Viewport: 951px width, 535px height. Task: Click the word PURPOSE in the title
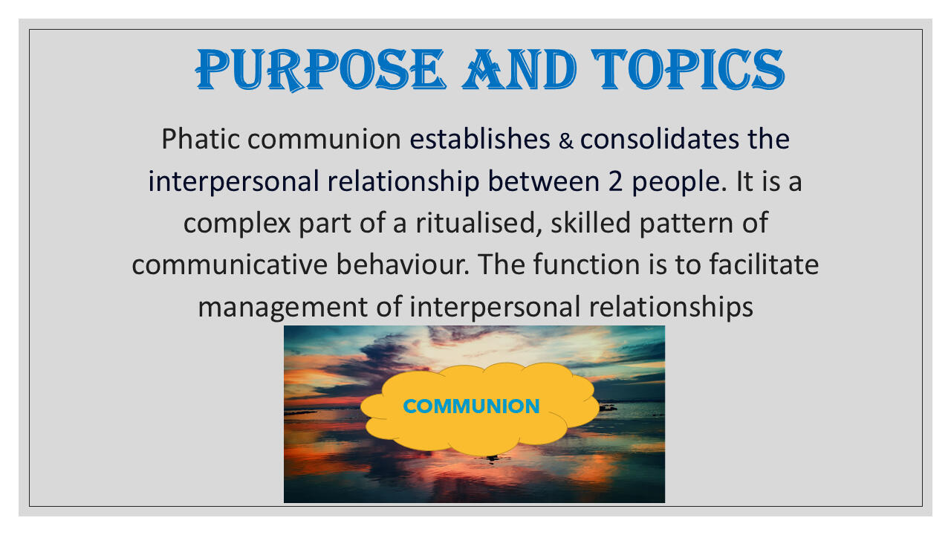(320, 70)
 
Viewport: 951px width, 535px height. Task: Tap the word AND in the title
(519, 69)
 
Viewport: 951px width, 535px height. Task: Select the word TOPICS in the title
(688, 69)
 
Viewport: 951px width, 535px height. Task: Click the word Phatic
(201, 139)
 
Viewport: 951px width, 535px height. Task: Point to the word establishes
(480, 139)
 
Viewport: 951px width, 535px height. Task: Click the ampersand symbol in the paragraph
(566, 141)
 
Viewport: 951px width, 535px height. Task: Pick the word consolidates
(659, 139)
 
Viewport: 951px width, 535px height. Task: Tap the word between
(543, 181)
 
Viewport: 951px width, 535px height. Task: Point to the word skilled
(591, 223)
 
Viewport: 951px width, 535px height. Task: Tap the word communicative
(230, 265)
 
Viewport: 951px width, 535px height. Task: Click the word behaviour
(403, 265)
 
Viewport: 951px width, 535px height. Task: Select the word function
(586, 265)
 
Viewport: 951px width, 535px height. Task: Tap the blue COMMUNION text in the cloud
(471, 406)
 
